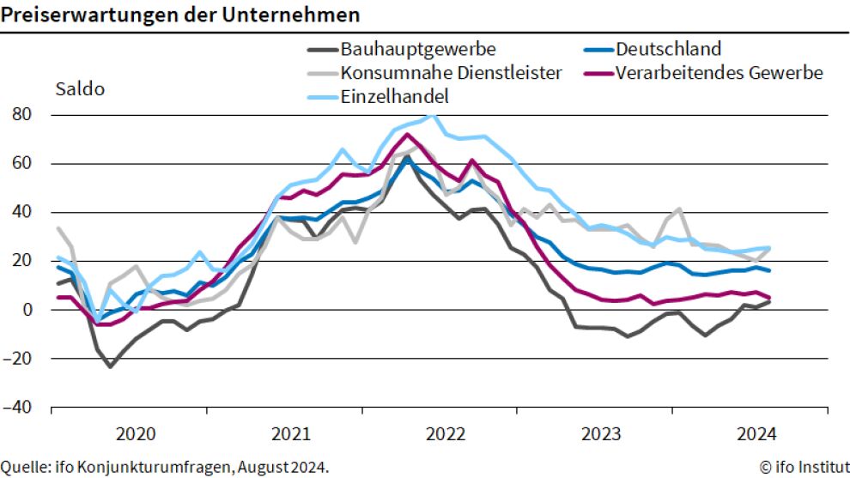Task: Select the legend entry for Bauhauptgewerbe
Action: pos(417,49)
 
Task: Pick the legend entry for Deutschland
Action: pos(668,49)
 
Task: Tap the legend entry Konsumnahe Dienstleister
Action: pos(451,73)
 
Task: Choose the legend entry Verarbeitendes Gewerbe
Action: pos(719,73)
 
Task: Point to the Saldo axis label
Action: pos(80,89)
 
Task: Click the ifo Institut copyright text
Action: pos(804,467)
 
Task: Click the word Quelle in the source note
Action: pos(24,467)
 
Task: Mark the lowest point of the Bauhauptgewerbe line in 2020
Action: pos(110,366)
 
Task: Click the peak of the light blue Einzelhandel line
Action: pos(432,116)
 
